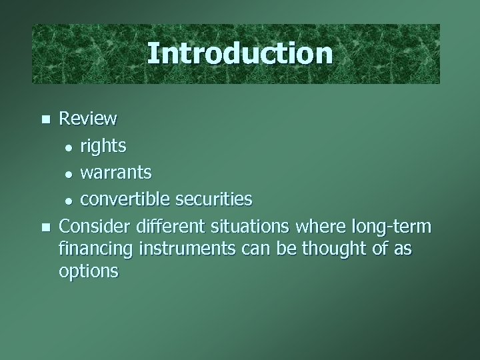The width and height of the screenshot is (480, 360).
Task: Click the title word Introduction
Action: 239,53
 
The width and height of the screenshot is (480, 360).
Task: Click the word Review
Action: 88,119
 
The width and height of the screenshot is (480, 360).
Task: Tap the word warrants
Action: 116,173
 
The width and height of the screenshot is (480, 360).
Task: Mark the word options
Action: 89,272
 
